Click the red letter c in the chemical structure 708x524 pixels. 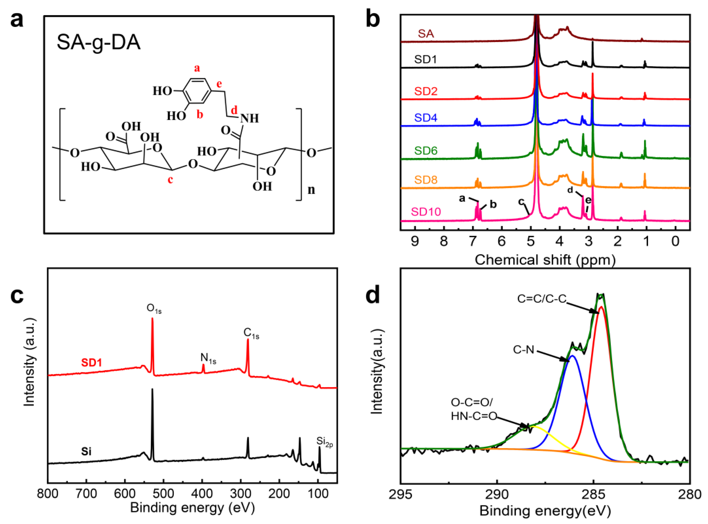point(170,180)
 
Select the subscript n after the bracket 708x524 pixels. point(311,189)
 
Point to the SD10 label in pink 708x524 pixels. point(426,212)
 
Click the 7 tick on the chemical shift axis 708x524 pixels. point(473,241)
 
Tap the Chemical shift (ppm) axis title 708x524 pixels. point(545,260)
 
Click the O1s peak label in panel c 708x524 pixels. point(154,309)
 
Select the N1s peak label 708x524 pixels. point(208,358)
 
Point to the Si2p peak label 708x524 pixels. point(324,441)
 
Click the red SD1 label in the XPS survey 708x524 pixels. point(91,363)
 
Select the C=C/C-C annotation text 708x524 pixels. point(542,299)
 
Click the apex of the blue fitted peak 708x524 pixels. point(572,355)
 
